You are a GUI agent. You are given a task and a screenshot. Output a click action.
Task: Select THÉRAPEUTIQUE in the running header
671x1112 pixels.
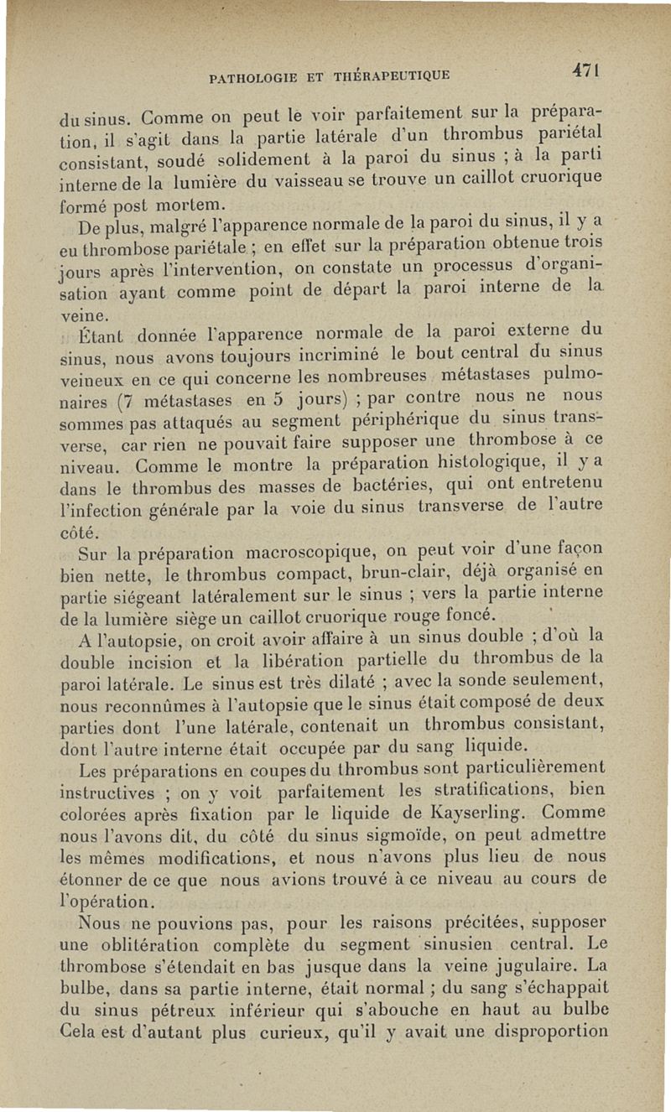394,76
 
